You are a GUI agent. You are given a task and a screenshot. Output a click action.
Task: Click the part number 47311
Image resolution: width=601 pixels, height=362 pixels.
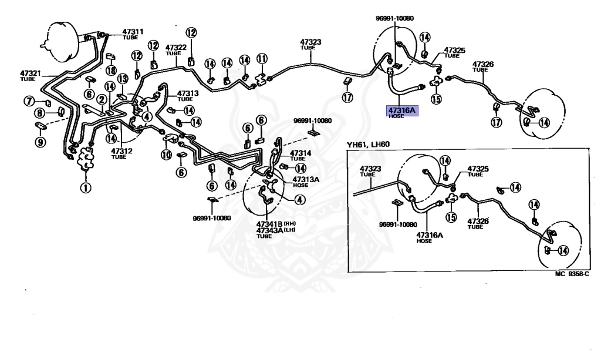click(133, 31)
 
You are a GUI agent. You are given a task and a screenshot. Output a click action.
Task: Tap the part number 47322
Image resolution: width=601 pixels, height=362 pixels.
click(175, 48)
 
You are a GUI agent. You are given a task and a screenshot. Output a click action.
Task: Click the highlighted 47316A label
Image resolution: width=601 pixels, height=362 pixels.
click(398, 110)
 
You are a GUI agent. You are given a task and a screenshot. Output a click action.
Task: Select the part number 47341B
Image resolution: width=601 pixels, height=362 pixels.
click(269, 224)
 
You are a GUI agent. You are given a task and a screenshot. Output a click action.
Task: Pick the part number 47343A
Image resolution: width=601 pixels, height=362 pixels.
click(269, 230)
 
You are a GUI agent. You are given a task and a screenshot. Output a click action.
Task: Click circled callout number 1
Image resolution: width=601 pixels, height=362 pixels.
click(86, 188)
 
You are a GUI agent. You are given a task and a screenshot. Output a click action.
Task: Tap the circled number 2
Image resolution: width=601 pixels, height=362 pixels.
click(102, 100)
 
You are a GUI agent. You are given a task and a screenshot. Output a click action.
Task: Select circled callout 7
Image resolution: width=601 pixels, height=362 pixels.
click(29, 102)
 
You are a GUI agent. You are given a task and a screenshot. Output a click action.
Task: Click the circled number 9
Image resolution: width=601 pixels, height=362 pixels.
click(40, 142)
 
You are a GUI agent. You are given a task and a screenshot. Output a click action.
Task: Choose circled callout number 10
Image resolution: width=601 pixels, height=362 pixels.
click(166, 155)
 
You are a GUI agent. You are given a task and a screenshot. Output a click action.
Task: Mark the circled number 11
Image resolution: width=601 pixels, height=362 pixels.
click(262, 58)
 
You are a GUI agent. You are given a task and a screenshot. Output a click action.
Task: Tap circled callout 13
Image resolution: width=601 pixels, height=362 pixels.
click(122, 79)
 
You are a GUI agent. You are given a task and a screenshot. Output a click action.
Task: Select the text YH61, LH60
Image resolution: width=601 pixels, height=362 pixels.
click(368, 145)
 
